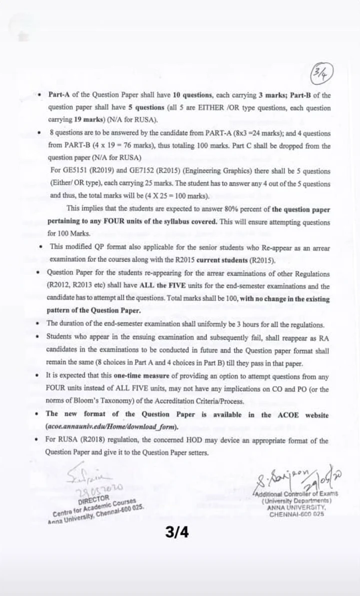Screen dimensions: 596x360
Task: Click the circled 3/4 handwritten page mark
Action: click(322, 74)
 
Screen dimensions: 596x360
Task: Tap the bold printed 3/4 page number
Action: click(177, 533)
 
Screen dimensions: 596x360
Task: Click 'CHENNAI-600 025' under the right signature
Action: click(296, 515)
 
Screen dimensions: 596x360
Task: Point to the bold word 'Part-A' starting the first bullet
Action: click(59, 95)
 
